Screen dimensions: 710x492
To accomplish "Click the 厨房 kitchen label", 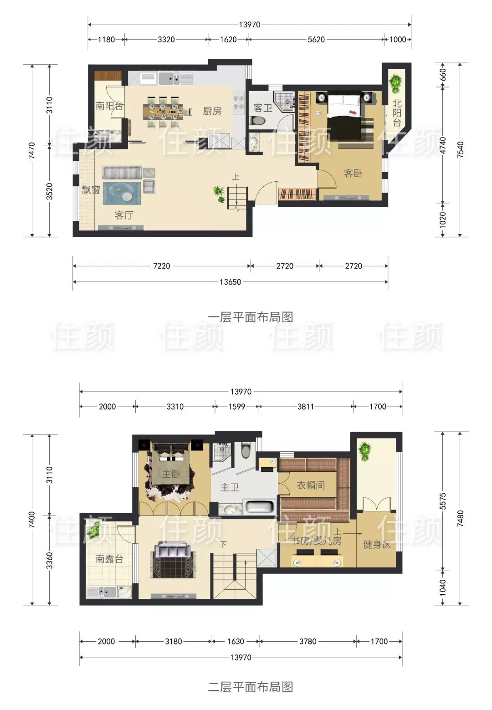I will [212, 111].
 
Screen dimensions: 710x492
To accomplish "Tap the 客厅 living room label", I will [123, 215].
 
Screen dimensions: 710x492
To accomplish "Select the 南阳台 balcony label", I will [109, 106].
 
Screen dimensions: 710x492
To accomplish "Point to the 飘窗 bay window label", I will [91, 189].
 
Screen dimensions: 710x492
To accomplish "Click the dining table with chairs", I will [163, 110].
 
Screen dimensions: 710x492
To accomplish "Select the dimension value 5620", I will [316, 40].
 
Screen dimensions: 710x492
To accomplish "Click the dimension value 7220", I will [161, 266].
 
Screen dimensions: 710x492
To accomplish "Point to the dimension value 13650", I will [230, 282].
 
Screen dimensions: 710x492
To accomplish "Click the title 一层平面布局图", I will [250, 317].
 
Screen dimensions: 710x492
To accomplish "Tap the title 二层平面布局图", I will [250, 687].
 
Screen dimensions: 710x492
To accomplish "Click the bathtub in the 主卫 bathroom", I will [260, 507].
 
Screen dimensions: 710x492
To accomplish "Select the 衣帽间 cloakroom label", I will [311, 485].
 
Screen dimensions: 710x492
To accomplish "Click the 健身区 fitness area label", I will [377, 544].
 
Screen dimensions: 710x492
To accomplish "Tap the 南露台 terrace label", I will [109, 559].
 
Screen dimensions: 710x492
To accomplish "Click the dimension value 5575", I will [443, 501].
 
